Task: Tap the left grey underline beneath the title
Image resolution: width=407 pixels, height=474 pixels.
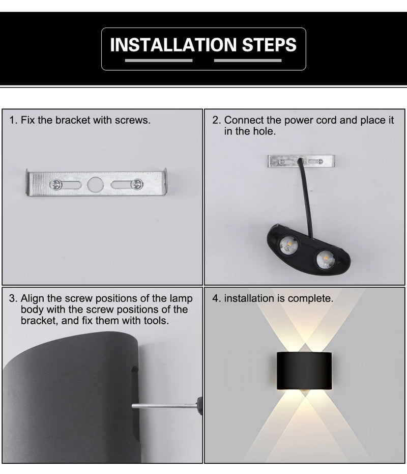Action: coord(158,61)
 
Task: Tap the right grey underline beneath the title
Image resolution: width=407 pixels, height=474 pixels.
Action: coord(248,61)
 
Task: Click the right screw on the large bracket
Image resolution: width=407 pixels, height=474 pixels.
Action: coord(137,184)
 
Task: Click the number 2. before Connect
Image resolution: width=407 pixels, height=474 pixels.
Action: coord(217,121)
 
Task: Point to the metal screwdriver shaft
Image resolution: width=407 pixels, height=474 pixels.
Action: coord(163,406)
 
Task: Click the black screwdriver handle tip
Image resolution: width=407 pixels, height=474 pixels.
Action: coord(199,406)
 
